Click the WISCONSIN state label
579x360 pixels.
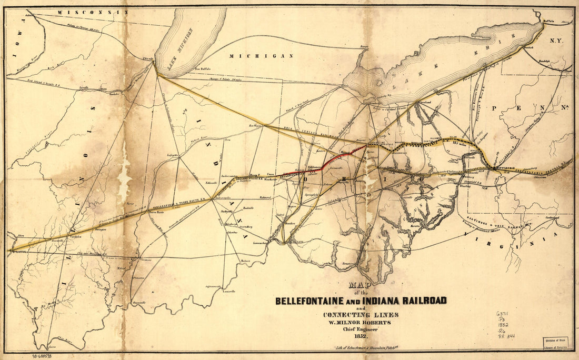[x=93, y=12]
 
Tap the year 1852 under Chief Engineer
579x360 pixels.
[x=360, y=335]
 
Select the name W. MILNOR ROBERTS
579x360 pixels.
[x=360, y=322]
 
